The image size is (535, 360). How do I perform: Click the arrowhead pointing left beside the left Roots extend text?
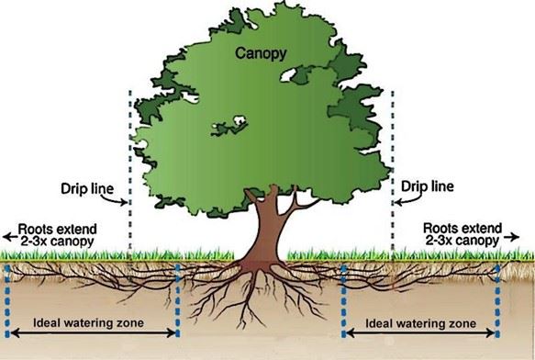coord(6,232)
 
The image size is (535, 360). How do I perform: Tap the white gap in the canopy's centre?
coord(233,121)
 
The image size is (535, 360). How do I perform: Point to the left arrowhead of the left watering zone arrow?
coord(14,333)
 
